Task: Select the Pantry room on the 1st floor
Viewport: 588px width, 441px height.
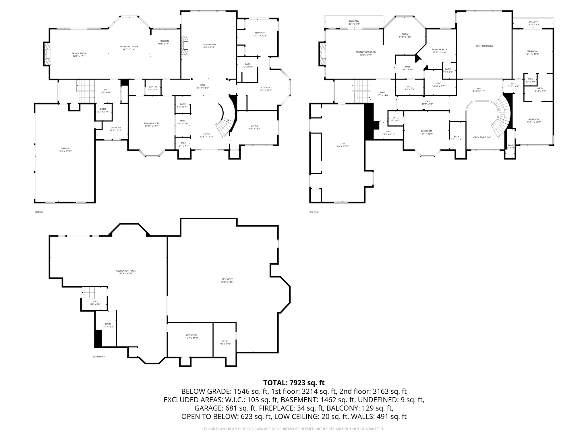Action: [x=153, y=88]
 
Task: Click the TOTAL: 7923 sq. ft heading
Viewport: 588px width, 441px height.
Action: [x=294, y=383]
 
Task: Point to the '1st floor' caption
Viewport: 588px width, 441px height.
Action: [x=39, y=212]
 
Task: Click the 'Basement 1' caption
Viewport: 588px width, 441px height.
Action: [x=98, y=357]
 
